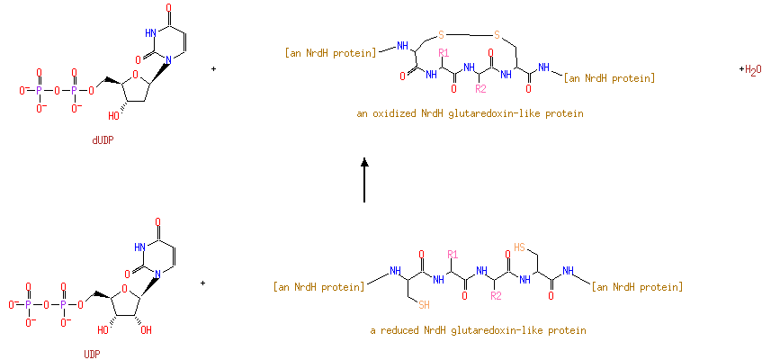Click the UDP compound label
tap(92, 354)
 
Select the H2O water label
tap(750, 69)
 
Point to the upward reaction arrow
tap(364, 180)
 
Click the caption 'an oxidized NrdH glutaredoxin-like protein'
tap(470, 114)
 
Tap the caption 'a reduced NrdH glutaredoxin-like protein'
tap(478, 330)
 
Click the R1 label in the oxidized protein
tap(443, 53)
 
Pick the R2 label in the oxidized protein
tap(480, 88)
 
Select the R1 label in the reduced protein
tap(453, 253)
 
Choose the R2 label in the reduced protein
tap(495, 295)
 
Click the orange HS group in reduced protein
tap(520, 246)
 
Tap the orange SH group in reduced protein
tap(424, 304)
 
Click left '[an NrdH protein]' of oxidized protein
tap(330, 53)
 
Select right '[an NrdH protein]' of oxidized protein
tap(609, 78)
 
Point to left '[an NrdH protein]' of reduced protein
tap(318, 287)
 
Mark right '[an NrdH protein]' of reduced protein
tap(637, 287)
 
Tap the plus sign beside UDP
tap(203, 283)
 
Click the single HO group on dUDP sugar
tap(114, 115)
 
